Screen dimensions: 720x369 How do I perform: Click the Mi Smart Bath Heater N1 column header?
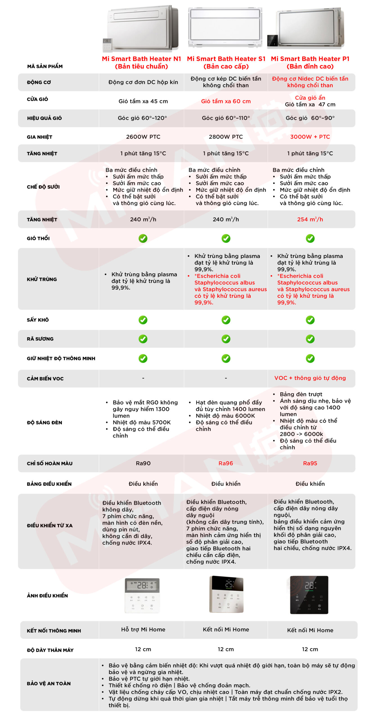[x=141, y=62]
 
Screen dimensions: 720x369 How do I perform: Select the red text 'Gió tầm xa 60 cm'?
[x=226, y=101]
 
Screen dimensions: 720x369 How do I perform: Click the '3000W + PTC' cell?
[x=310, y=137]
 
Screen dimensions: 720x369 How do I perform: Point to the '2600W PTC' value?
[x=143, y=137]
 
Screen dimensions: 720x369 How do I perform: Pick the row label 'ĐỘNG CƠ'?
[x=39, y=82]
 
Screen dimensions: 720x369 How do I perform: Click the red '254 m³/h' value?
[x=310, y=219]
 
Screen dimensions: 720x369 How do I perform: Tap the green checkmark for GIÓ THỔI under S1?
[x=226, y=238]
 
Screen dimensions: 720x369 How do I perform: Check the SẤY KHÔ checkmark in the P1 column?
[x=310, y=320]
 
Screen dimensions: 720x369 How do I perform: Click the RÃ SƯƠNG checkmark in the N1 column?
[x=143, y=339]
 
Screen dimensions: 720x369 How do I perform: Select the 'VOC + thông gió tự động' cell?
[x=310, y=378]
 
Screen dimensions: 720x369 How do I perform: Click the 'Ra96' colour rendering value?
[x=226, y=463]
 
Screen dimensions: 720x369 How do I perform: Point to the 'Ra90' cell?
[x=143, y=463]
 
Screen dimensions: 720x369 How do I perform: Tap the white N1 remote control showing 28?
[x=142, y=595]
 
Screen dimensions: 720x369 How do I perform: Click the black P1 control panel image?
[x=309, y=595]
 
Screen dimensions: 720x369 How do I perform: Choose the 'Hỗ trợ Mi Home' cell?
[x=143, y=629]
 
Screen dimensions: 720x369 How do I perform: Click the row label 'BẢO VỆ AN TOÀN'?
[x=49, y=683]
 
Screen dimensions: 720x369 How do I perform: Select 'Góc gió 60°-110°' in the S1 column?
[x=226, y=118]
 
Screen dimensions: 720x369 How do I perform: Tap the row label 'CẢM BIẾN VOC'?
[x=45, y=379]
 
